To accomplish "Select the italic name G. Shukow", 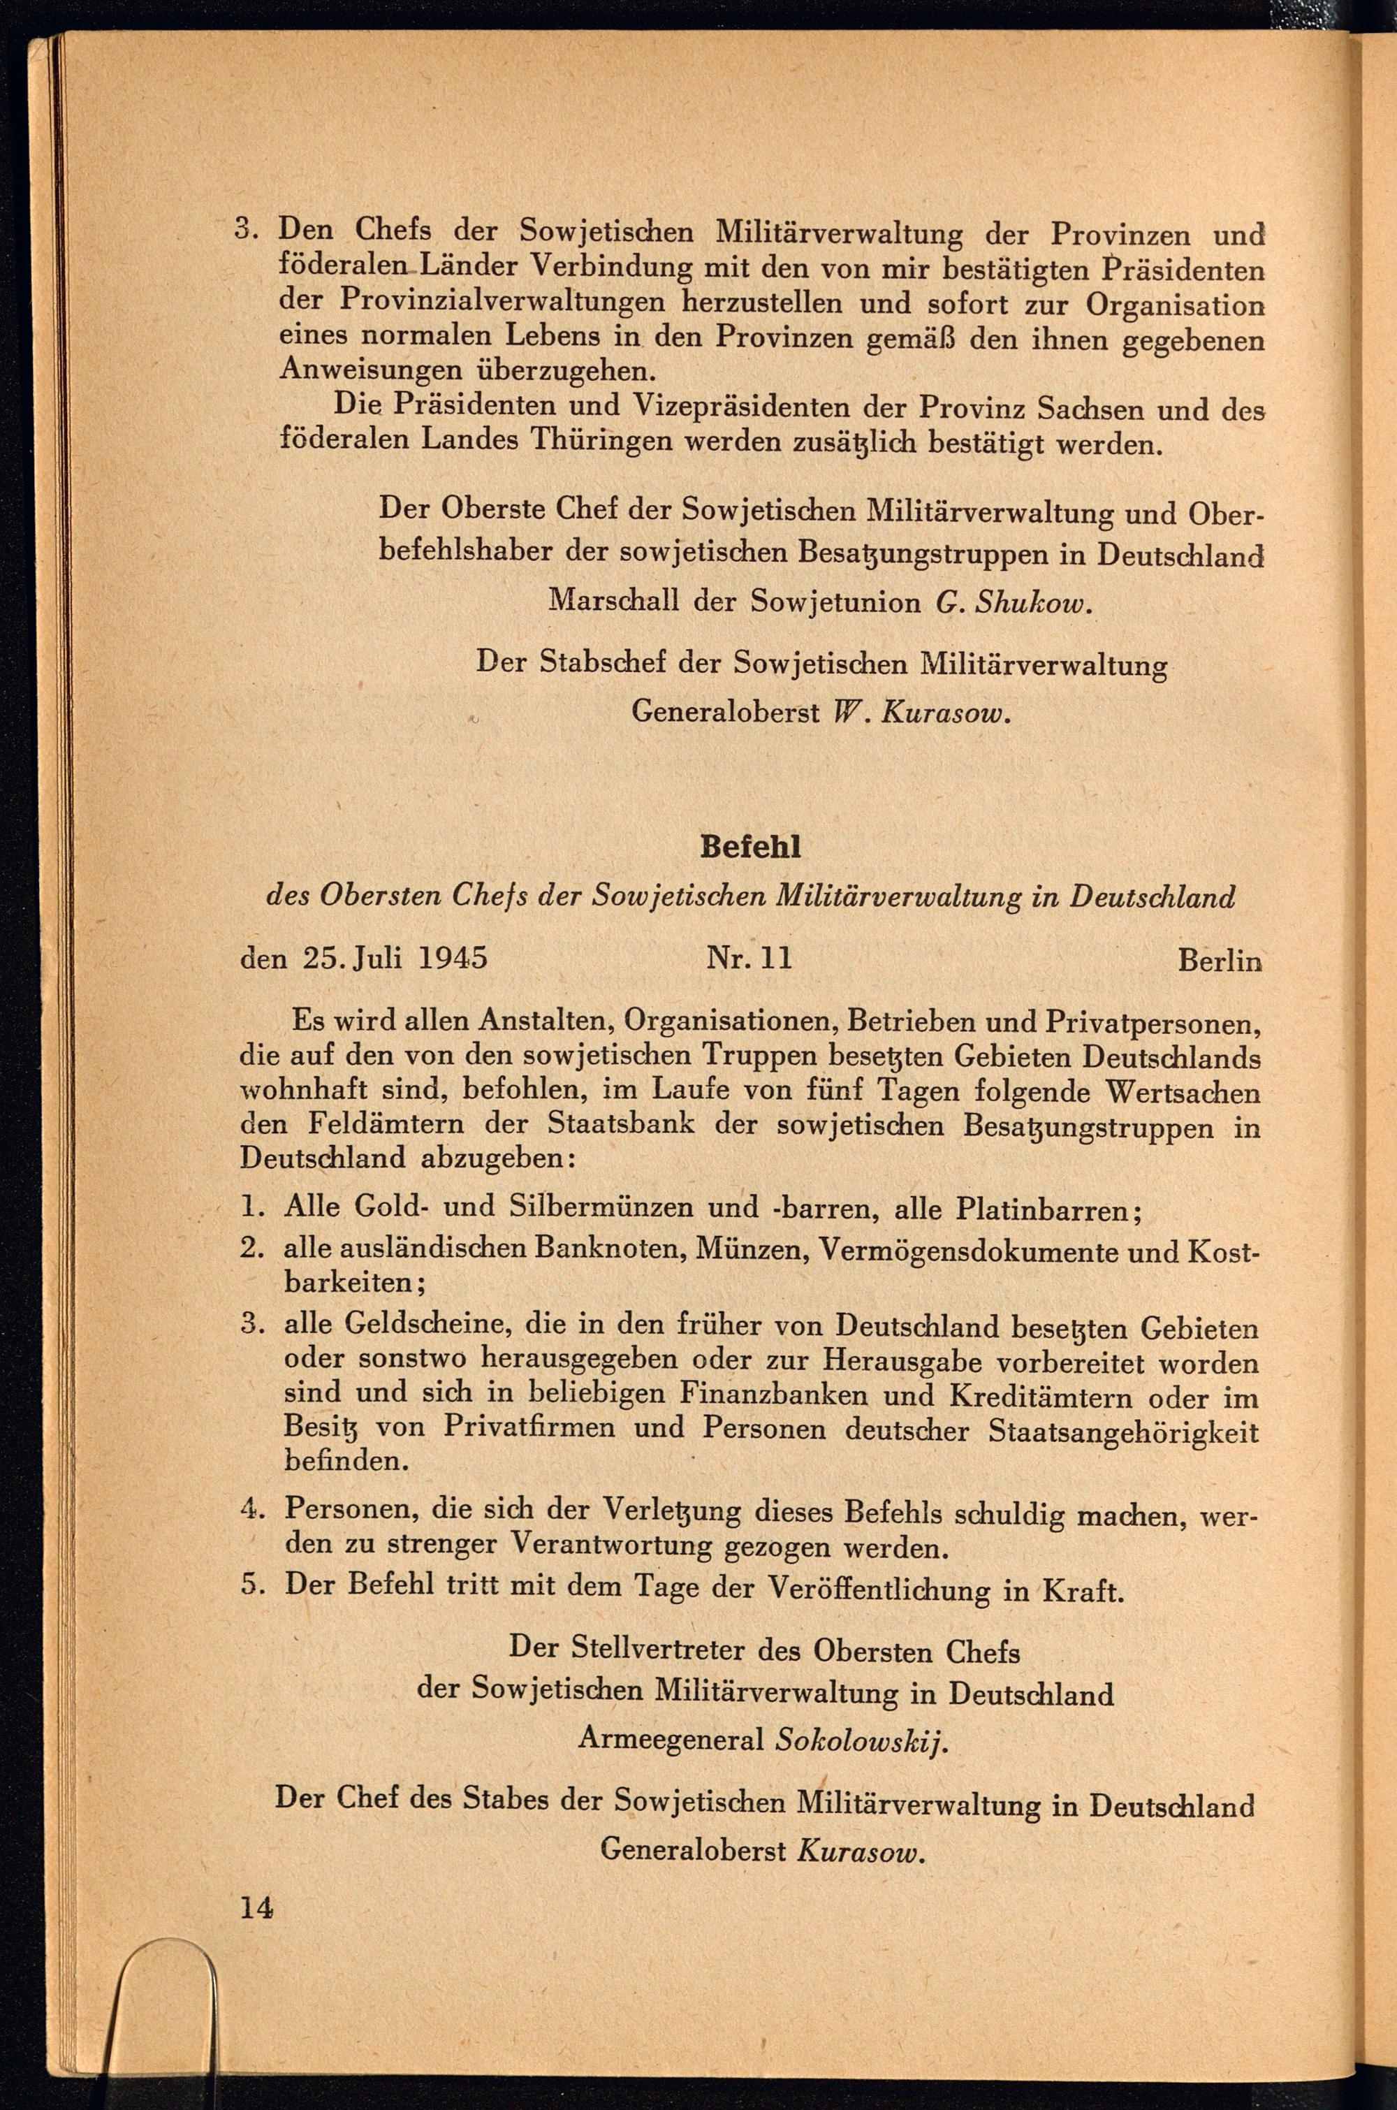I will pyautogui.click(x=1014, y=603).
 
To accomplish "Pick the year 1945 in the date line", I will pyautogui.click(x=453, y=958).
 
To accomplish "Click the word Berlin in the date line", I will pyautogui.click(x=1219, y=961).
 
